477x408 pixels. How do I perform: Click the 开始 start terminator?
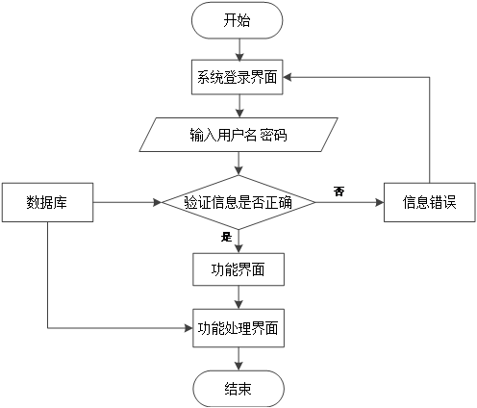pyautogui.click(x=238, y=20)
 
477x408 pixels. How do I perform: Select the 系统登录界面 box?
pyautogui.click(x=238, y=78)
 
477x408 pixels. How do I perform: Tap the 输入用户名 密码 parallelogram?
pyautogui.click(x=238, y=135)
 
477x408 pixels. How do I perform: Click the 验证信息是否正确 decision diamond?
pyautogui.click(x=238, y=202)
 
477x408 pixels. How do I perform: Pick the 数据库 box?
pyautogui.click(x=46, y=202)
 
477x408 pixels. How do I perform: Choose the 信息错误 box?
pyautogui.click(x=429, y=202)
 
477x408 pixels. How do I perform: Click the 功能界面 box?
pyautogui.click(x=238, y=268)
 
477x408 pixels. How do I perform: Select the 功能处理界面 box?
pyautogui.click(x=238, y=327)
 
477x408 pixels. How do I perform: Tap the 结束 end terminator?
pyautogui.click(x=238, y=389)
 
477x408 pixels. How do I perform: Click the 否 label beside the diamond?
pyautogui.click(x=339, y=191)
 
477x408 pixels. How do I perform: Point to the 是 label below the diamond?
pyautogui.click(x=227, y=237)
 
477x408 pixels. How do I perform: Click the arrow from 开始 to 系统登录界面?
pyautogui.click(x=238, y=49)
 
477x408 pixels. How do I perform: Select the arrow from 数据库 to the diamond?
pyautogui.click(x=125, y=202)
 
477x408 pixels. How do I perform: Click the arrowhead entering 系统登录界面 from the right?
pyautogui.click(x=290, y=78)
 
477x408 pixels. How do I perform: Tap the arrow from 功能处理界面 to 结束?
pyautogui.click(x=238, y=358)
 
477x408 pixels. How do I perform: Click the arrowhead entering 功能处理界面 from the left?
pyautogui.click(x=186, y=327)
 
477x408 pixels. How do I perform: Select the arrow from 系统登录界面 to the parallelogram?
pyautogui.click(x=238, y=106)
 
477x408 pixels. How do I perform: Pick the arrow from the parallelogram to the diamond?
pyautogui.click(x=238, y=163)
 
